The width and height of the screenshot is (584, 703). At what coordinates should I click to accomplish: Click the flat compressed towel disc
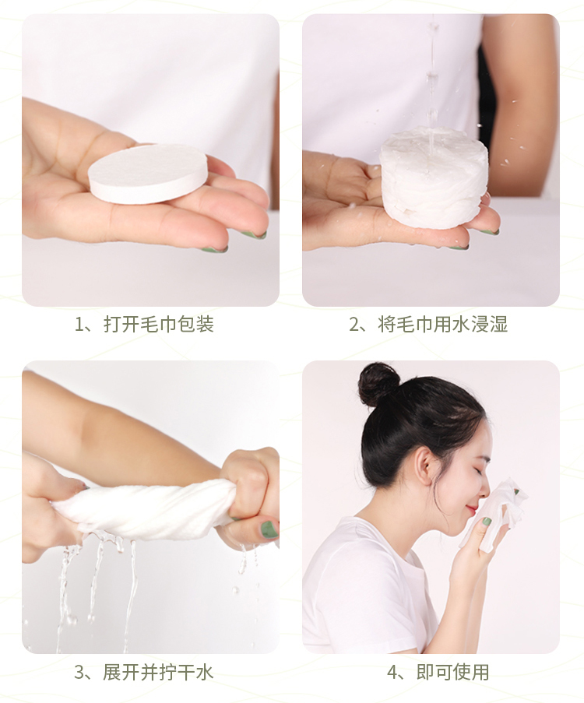pos(148,174)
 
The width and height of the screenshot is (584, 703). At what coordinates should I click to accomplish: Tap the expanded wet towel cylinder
pos(434,178)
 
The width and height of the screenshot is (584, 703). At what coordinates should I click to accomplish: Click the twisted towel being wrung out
pos(143,510)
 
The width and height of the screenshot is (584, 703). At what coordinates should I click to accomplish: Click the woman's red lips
pos(473,510)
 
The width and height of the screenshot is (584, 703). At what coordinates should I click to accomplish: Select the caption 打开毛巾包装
pos(159,324)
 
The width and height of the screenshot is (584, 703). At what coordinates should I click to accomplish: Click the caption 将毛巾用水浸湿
pos(443,324)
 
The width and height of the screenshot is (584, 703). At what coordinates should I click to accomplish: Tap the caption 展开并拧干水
pos(158,673)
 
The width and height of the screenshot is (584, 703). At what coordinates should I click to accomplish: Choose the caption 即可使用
pos(452,673)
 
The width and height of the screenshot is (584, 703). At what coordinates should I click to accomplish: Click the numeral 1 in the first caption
pos(79,325)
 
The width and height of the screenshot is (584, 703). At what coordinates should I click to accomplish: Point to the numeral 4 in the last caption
pos(392,673)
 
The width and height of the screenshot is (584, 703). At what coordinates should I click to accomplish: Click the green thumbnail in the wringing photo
pos(269,530)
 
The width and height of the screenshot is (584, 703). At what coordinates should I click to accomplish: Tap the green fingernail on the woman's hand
pos(487,522)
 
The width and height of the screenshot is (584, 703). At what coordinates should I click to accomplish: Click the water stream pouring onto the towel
pos(431,76)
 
